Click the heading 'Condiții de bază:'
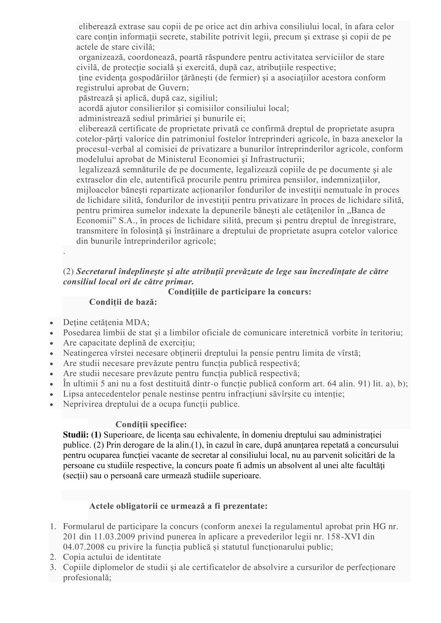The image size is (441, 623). [123, 302]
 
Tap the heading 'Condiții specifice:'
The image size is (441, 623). [151, 424]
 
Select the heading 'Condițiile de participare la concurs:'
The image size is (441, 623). [239, 292]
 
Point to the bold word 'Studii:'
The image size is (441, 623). [76, 435]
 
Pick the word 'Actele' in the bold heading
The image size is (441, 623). [101, 506]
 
